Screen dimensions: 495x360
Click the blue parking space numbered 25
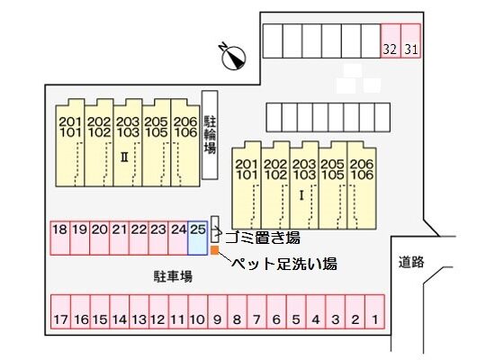(198, 238)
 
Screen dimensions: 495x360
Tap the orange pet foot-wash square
(215, 250)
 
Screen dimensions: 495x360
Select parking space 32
(391, 40)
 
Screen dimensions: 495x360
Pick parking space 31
(410, 40)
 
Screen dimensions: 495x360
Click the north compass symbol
(234, 56)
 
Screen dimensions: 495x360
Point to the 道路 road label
(411, 262)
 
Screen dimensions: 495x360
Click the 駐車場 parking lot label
(173, 276)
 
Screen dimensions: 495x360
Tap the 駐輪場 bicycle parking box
(210, 135)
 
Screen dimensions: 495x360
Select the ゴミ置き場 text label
(263, 238)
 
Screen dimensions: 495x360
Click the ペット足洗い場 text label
(284, 264)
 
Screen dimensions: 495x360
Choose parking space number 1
(374, 312)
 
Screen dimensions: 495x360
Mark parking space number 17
(60, 312)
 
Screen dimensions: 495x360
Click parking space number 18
(60, 238)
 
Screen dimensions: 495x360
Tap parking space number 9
(218, 312)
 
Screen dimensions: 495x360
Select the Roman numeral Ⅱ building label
(125, 157)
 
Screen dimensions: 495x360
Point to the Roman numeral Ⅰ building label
(301, 196)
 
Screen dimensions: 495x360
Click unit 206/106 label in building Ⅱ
(185, 127)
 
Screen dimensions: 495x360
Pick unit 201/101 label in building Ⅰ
(247, 169)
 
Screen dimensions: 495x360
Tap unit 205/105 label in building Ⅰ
(333, 169)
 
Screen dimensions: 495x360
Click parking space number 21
(119, 238)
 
